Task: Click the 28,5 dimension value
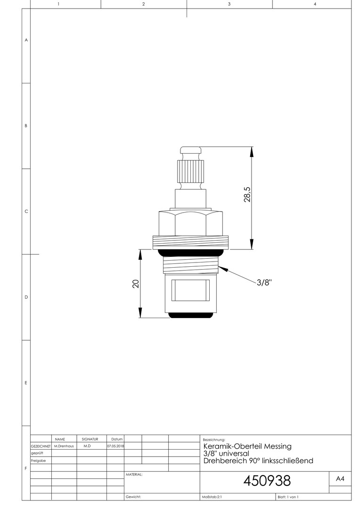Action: tap(247, 195)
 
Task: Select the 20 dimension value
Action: tap(136, 284)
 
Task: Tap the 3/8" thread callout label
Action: tap(264, 282)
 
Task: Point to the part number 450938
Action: tap(267, 481)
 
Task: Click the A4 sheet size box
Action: tap(340, 479)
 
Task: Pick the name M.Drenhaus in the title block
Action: tap(64, 446)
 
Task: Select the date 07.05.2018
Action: tap(115, 446)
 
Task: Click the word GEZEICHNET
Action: tap(41, 446)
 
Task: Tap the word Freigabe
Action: tap(38, 460)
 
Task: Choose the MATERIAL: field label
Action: tap(134, 475)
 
